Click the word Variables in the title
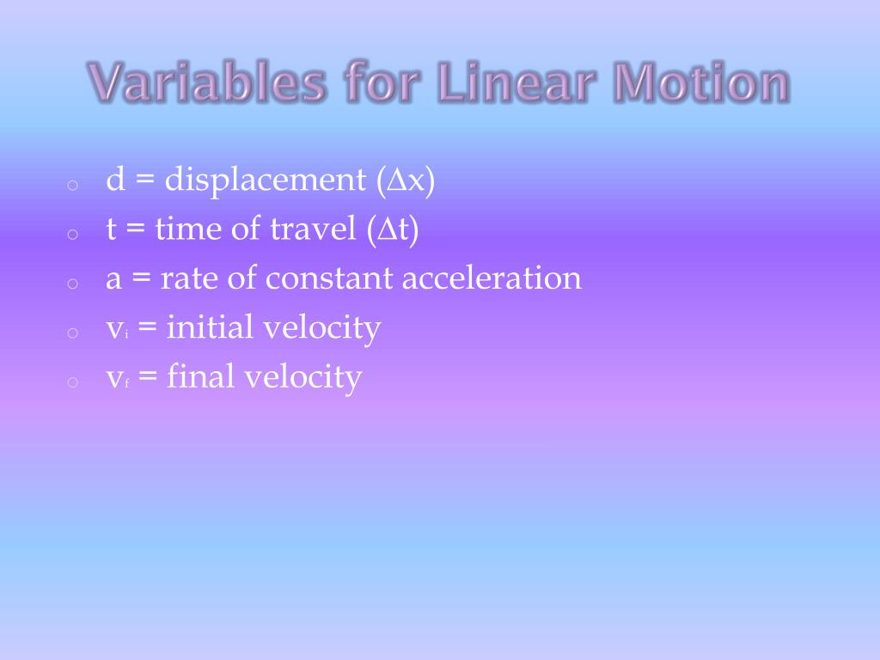coord(207,84)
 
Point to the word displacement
coord(266,180)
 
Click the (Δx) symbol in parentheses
coord(404,180)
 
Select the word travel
coord(315,229)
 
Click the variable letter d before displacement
coord(115,180)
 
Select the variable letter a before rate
coord(113,279)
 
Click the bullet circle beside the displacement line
coord(72,184)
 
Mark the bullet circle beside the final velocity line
coord(72,381)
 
